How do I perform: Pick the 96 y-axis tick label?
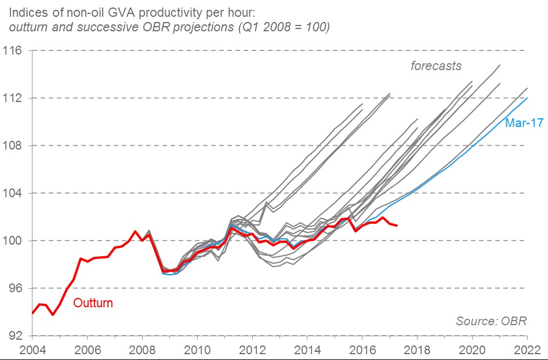14,288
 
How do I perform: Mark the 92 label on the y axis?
14,336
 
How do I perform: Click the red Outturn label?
93,303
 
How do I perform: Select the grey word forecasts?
436,66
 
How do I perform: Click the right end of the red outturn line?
397,225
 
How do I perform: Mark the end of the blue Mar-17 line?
527,98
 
